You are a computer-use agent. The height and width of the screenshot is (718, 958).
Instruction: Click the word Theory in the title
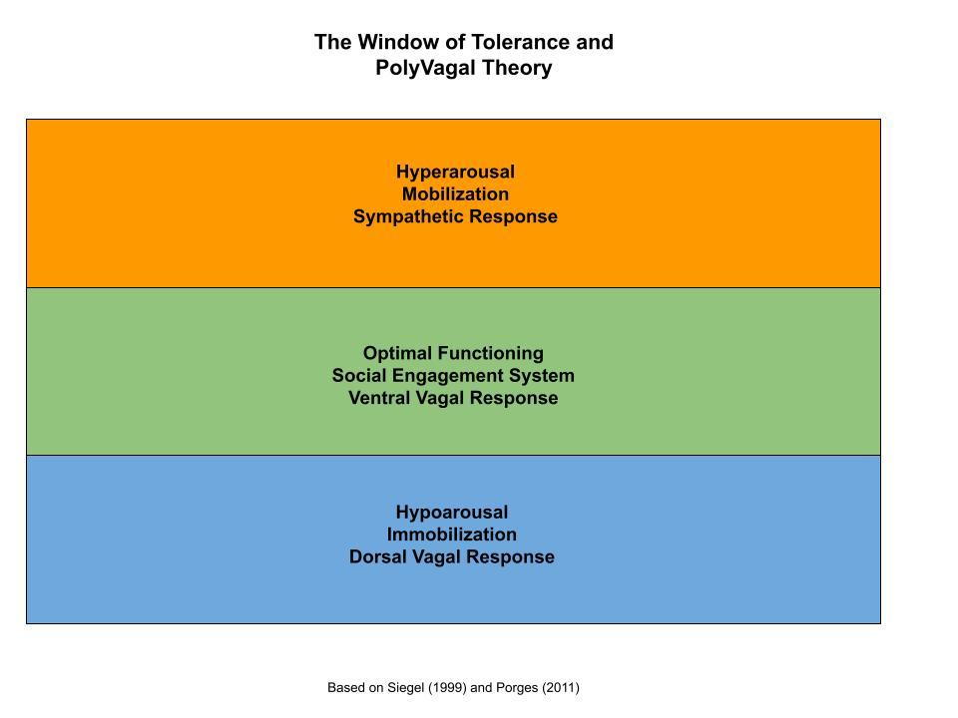pos(516,68)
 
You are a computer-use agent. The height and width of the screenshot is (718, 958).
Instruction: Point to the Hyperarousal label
pos(455,172)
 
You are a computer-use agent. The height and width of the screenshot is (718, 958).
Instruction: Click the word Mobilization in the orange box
pos(455,194)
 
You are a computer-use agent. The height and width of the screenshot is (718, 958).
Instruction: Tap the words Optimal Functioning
pos(453,353)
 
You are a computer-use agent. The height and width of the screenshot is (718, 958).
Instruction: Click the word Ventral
pos(379,398)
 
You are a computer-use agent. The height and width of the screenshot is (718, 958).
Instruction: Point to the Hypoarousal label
pos(452,513)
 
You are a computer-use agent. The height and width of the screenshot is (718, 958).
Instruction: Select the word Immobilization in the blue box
pos(451,535)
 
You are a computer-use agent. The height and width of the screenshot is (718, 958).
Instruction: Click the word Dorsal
pos(377,556)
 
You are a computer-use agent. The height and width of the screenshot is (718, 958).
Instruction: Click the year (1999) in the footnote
pos(447,688)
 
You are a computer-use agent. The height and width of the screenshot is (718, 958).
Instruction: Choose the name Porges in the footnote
pos(517,688)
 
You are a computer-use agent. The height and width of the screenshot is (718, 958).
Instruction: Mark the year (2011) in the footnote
pos(560,688)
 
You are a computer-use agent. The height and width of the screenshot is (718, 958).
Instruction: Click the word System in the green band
pos(543,376)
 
